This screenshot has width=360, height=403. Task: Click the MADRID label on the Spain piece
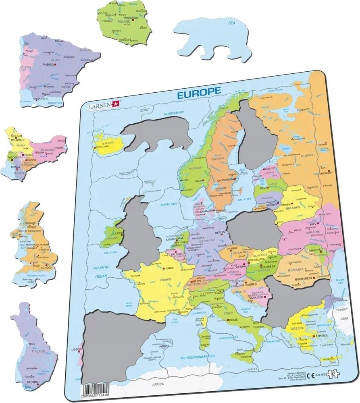[48, 64]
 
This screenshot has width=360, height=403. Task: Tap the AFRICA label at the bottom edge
[158, 385]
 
